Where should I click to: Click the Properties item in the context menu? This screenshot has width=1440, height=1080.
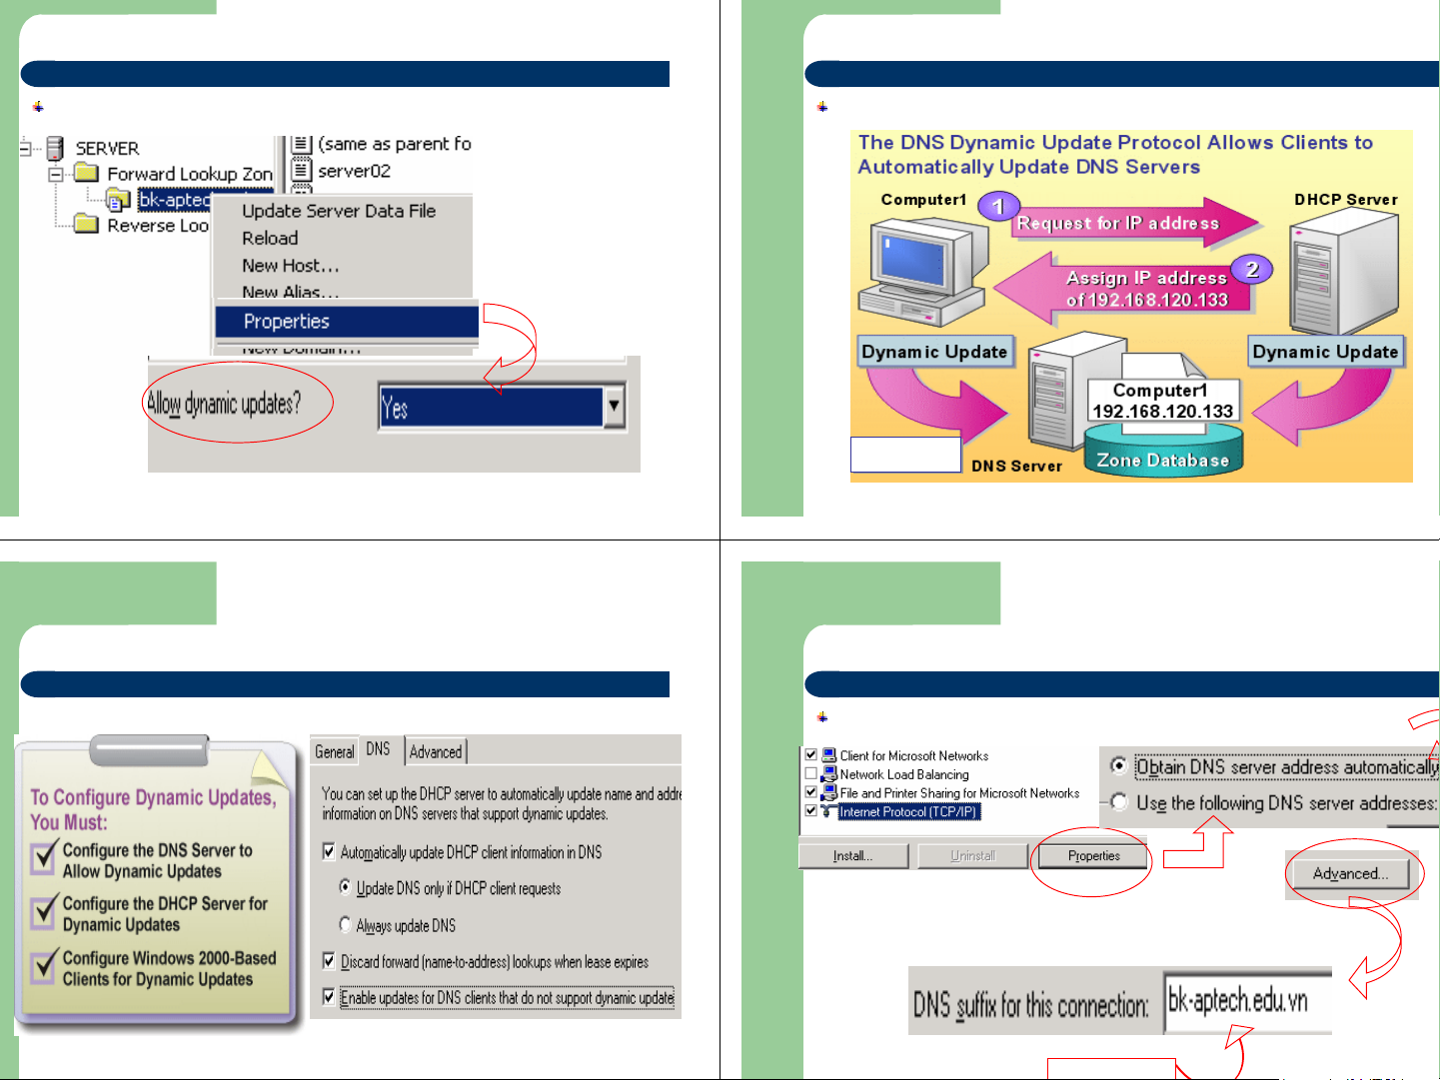(287, 322)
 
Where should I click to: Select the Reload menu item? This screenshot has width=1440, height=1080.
(270, 239)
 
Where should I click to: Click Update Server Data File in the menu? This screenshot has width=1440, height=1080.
(339, 211)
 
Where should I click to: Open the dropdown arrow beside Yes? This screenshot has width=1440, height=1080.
(614, 407)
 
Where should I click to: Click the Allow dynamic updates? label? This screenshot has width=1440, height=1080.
(224, 404)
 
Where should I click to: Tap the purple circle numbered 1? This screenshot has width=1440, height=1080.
(997, 207)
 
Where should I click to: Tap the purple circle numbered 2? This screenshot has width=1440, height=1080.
(1251, 269)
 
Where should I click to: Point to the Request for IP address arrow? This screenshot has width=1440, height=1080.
(1119, 224)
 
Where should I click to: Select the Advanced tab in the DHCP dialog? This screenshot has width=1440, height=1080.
(436, 752)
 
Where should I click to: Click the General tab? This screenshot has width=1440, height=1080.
(335, 752)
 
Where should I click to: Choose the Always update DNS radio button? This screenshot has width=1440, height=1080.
(346, 925)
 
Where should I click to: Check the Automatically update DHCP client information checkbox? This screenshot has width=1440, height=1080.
(329, 852)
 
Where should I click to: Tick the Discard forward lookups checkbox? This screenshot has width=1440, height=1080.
(329, 961)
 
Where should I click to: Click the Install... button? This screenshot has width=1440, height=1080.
(852, 856)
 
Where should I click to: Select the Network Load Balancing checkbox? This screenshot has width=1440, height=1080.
(811, 774)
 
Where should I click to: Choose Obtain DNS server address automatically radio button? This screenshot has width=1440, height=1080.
(1119, 766)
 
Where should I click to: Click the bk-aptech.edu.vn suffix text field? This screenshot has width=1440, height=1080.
(1246, 1001)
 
